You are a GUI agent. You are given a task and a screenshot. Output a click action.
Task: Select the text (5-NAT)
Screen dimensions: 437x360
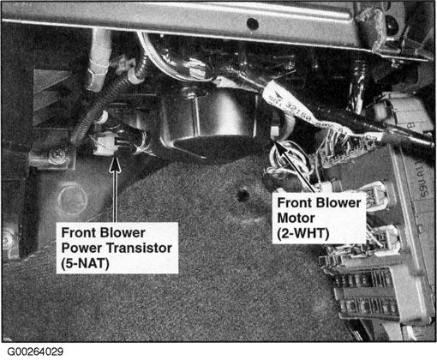click(85, 263)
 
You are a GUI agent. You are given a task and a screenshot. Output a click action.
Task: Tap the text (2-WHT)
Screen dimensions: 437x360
click(303, 233)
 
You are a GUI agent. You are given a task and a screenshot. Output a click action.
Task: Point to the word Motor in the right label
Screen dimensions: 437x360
click(296, 218)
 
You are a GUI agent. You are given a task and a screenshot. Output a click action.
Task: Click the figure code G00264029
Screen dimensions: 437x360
click(35, 351)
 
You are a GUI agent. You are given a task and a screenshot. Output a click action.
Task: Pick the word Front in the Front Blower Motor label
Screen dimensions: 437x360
click(295, 203)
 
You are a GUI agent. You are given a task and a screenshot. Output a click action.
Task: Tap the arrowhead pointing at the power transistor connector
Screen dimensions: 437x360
click(115, 165)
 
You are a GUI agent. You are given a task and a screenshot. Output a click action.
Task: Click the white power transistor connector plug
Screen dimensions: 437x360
click(104, 143)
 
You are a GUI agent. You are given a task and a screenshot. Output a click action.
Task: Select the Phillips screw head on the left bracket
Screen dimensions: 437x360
click(56, 155)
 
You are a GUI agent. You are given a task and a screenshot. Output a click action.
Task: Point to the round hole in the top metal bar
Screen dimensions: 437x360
click(252, 22)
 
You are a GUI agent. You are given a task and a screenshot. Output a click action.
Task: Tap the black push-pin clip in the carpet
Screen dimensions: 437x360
click(242, 195)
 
